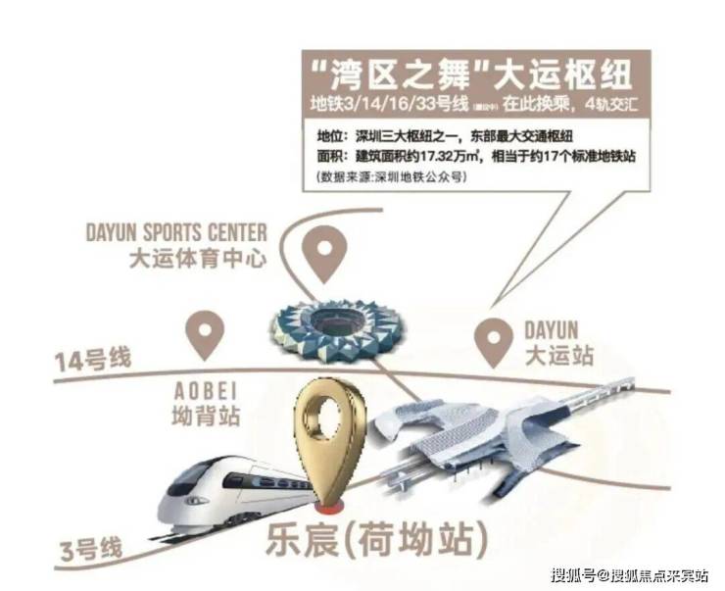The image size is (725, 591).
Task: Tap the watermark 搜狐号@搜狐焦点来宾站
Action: click(628, 574)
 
